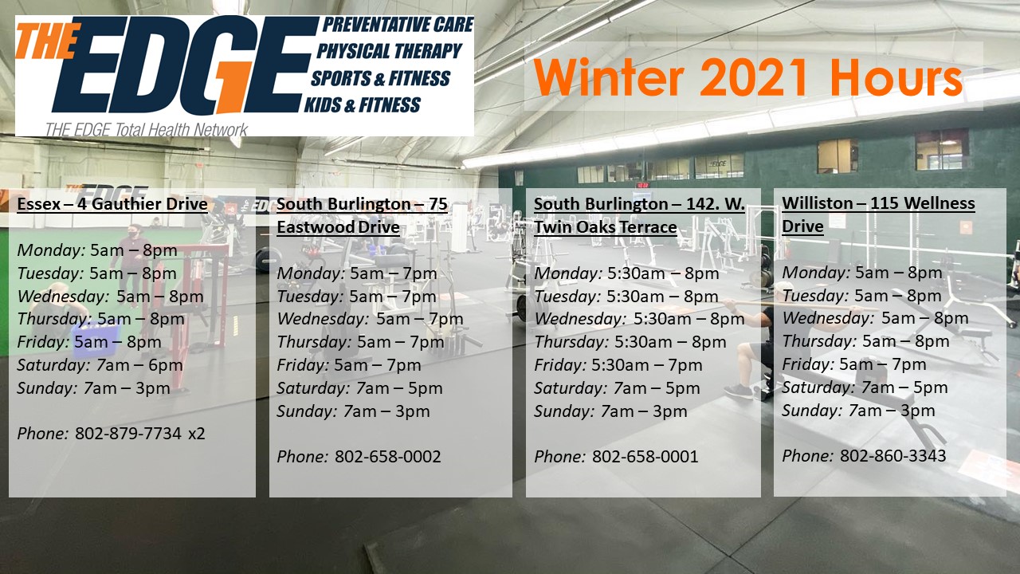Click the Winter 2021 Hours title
pyautogui.click(x=747, y=77)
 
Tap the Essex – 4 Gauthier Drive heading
pyautogui.click(x=112, y=203)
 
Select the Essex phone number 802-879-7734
pyautogui.click(x=128, y=433)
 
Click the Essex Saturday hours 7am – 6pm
pyautogui.click(x=139, y=365)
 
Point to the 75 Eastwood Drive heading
pyautogui.click(x=362, y=215)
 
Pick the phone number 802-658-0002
pyautogui.click(x=388, y=457)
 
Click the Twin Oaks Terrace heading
pyautogui.click(x=639, y=215)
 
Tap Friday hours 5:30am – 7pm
pyautogui.click(x=647, y=365)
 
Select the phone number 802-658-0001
pyautogui.click(x=645, y=457)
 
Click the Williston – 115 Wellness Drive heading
pyautogui.click(x=878, y=214)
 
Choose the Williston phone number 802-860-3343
pyautogui.click(x=893, y=455)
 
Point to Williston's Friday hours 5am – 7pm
pyautogui.click(x=883, y=364)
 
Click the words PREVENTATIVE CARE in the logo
pyautogui.click(x=398, y=25)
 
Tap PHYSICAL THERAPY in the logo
pyautogui.click(x=390, y=51)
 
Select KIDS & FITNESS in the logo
pyautogui.click(x=363, y=104)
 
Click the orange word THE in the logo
pyautogui.click(x=47, y=41)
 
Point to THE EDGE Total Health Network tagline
pyautogui.click(x=146, y=130)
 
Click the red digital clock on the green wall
pyautogui.click(x=642, y=186)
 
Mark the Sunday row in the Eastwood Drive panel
pyautogui.click(x=353, y=411)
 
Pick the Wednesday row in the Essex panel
pyautogui.click(x=110, y=296)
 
